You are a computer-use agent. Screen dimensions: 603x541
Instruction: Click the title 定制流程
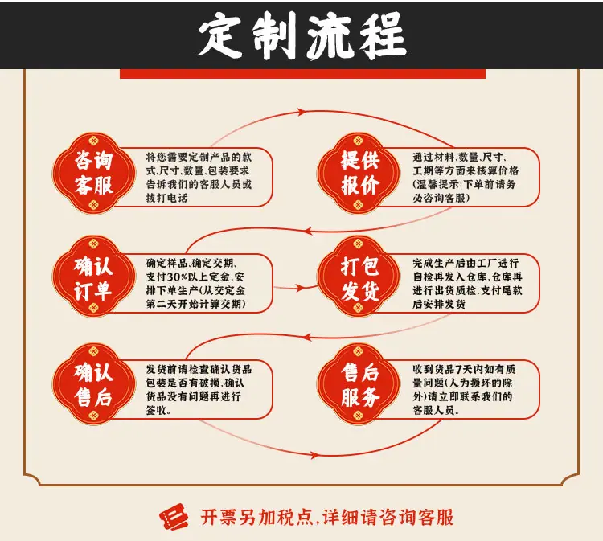coord(302,35)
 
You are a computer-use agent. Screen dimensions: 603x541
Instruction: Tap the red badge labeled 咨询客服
coord(94,173)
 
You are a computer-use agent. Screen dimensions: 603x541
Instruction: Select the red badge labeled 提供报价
coord(359,173)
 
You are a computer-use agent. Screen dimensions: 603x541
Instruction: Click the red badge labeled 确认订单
coord(94,277)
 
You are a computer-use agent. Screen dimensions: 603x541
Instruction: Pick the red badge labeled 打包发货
coord(359,277)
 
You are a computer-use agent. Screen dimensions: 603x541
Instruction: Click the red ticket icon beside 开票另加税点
coord(174,516)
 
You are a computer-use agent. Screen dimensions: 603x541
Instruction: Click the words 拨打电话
coord(166,198)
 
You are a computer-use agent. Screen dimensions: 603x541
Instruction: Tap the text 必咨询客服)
coord(441,198)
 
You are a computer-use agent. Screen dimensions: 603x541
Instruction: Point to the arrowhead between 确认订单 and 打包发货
coord(301,288)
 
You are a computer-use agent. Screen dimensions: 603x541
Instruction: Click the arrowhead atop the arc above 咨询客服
coord(301,112)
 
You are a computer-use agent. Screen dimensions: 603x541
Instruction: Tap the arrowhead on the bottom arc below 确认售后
coord(314,455)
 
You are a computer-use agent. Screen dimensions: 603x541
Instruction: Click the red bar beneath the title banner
coord(302,74)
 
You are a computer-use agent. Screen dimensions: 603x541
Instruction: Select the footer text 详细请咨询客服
coord(388,517)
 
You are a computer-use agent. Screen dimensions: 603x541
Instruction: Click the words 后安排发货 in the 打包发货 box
coord(439,304)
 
